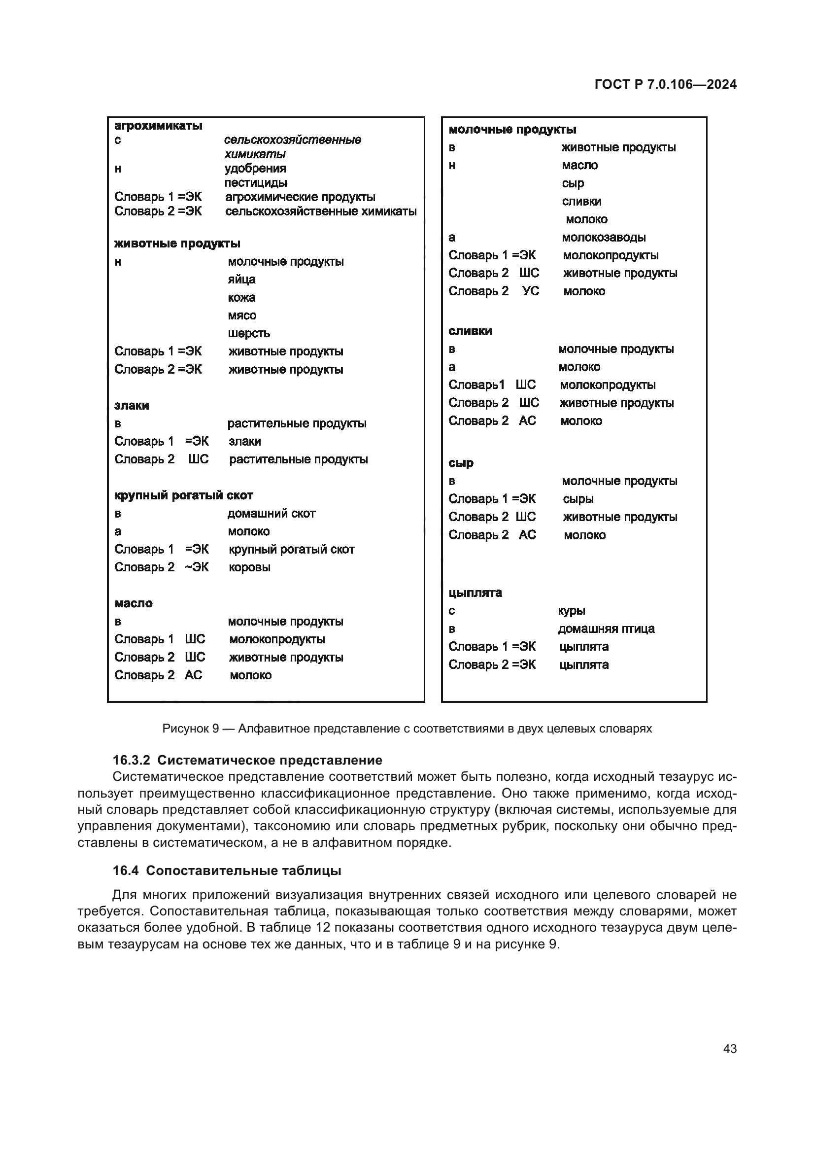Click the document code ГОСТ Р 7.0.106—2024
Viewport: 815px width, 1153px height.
[665, 84]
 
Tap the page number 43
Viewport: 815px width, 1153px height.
[730, 1048]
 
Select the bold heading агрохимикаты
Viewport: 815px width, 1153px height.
[158, 126]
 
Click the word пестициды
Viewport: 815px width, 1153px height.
[255, 182]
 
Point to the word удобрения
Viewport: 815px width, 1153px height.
[255, 168]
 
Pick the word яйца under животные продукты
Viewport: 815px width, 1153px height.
[241, 279]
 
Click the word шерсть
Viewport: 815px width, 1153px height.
[248, 333]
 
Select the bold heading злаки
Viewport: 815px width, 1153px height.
[132, 405]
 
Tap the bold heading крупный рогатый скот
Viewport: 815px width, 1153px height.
[184, 495]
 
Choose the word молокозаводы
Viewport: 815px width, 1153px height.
[604, 237]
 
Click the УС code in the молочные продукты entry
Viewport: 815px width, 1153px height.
[531, 291]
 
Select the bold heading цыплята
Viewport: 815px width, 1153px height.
[475, 593]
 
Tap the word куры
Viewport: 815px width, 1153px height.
[572, 611]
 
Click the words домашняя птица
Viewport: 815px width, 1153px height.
[606, 629]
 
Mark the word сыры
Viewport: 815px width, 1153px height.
[578, 499]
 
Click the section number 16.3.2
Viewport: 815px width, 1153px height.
[132, 760]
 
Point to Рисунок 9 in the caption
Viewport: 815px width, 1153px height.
[190, 728]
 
